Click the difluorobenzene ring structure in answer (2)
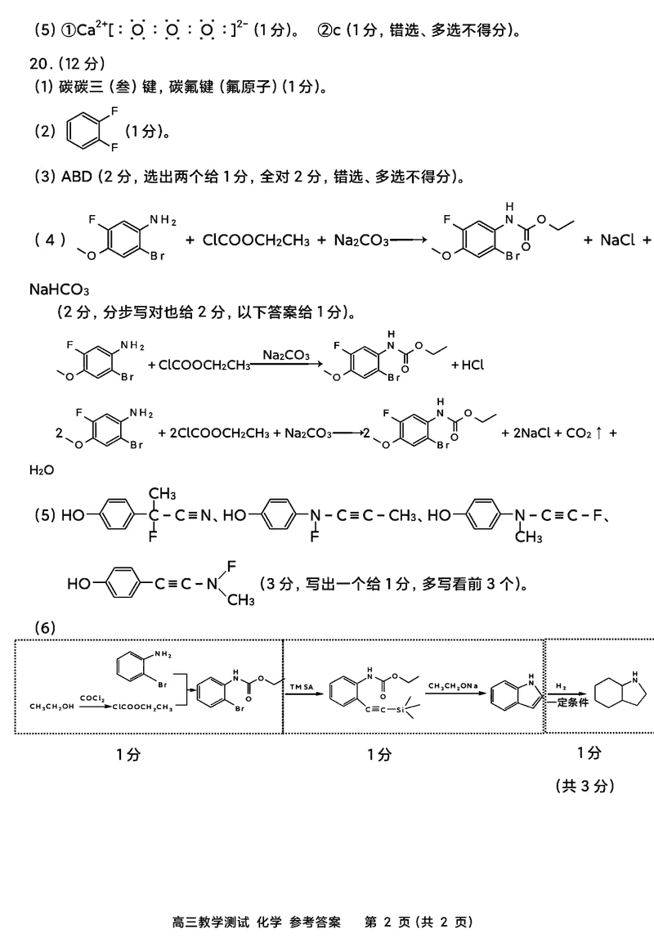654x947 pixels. click(x=85, y=131)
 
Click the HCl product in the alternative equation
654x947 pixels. click(x=468, y=365)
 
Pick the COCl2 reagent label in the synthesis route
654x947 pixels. click(x=92, y=697)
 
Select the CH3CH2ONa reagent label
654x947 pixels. click(x=453, y=684)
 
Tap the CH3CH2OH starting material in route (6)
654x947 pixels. click(x=52, y=706)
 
